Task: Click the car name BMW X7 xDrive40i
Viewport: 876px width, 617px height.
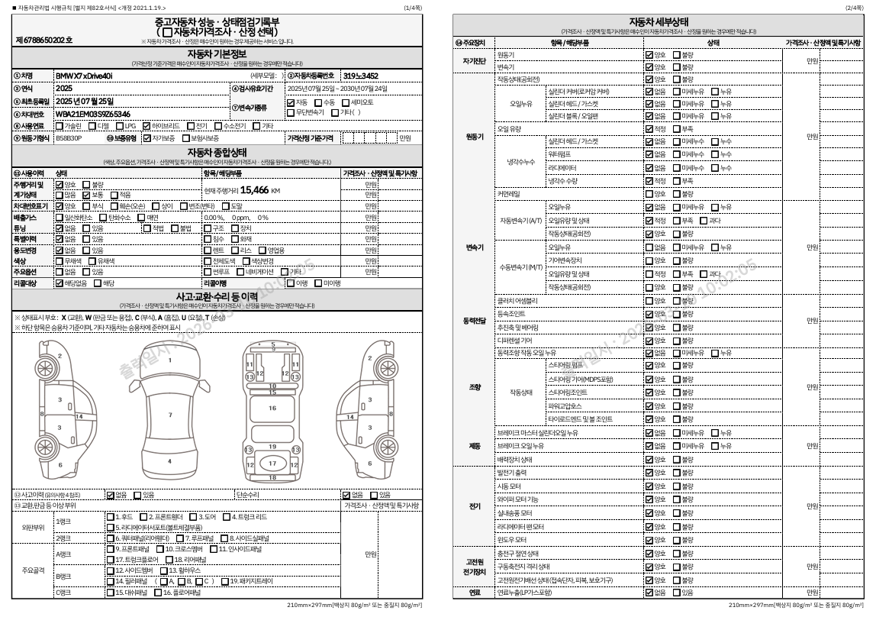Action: pyautogui.click(x=84, y=76)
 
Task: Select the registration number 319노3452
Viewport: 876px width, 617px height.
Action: pyautogui.click(x=360, y=76)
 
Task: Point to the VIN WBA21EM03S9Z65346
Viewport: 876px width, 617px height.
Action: pyautogui.click(x=92, y=114)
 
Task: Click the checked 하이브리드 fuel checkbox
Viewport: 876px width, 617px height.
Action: pyautogui.click(x=147, y=126)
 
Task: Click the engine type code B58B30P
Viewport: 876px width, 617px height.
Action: pyautogui.click(x=68, y=138)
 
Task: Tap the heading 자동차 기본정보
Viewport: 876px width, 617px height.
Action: pyautogui.click(x=217, y=54)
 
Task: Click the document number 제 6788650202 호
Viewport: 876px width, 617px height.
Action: pyautogui.click(x=43, y=39)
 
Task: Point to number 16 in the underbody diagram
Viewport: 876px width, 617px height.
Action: pyautogui.click(x=272, y=408)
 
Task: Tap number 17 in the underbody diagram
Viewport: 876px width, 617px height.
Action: pyautogui.click(x=272, y=464)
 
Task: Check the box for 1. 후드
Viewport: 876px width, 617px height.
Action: pyautogui.click(x=110, y=517)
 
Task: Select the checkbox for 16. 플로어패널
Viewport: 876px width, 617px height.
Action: pyautogui.click(x=158, y=592)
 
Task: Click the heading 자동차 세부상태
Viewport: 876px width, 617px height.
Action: pyautogui.click(x=659, y=21)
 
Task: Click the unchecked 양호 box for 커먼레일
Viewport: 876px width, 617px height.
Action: pyautogui.click(x=649, y=194)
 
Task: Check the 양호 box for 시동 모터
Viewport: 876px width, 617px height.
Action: pyautogui.click(x=649, y=486)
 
